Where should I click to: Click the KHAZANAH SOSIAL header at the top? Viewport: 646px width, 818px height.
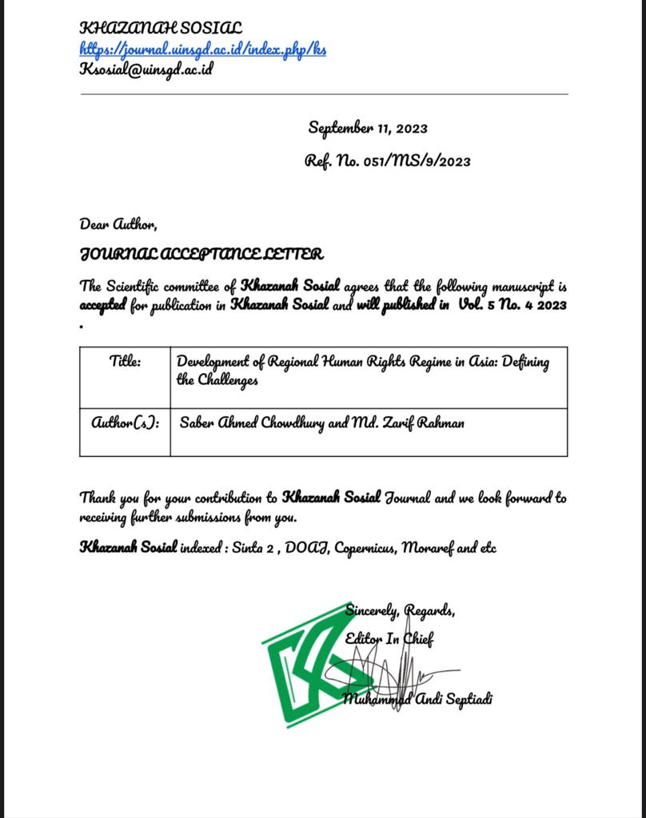coord(161,28)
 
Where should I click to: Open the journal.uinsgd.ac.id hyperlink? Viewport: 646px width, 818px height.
coord(203,49)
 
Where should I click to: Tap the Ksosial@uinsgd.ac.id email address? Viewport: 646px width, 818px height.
coord(146,69)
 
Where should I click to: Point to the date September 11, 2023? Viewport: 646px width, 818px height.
coord(368,129)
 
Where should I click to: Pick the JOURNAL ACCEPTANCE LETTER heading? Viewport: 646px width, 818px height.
coord(201,255)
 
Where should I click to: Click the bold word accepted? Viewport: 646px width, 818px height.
coord(103,306)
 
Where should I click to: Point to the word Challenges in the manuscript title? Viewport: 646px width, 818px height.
coord(217,380)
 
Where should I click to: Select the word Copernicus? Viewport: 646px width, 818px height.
coord(365,548)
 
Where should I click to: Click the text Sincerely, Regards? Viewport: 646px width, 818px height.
coord(400,612)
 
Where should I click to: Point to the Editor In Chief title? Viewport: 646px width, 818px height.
coord(389,639)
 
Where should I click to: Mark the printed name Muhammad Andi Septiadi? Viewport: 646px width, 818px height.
coord(418,700)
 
